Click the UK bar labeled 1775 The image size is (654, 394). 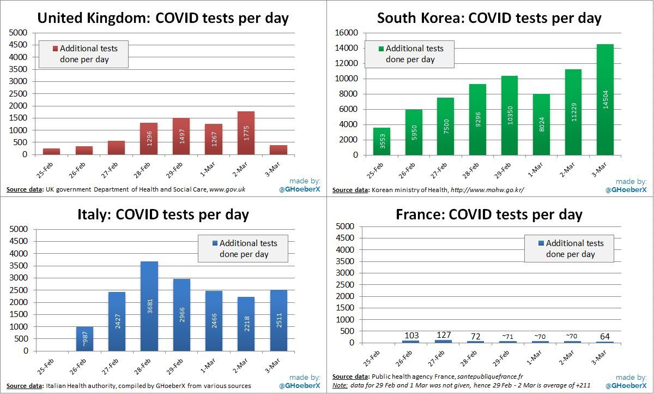click(246, 133)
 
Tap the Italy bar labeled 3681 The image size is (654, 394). click(149, 306)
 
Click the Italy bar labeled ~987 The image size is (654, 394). click(84, 339)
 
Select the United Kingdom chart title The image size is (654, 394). click(163, 18)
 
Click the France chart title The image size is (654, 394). click(489, 214)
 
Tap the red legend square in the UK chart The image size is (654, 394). click(55, 49)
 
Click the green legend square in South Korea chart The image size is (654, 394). click(381, 49)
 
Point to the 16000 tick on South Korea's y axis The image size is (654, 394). click(347, 33)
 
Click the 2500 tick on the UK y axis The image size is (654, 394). click(19, 93)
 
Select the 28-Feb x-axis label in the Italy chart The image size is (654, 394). click(147, 367)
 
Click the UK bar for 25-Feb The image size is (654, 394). click(51, 151)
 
